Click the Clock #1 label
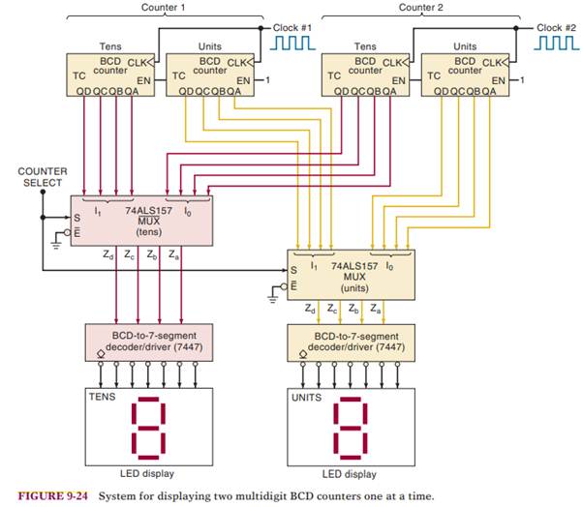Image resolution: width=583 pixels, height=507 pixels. (x=292, y=27)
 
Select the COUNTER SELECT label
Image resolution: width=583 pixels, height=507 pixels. (x=43, y=176)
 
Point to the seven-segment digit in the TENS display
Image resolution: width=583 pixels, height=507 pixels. (x=147, y=426)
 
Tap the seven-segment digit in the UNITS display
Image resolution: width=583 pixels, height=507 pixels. (x=352, y=426)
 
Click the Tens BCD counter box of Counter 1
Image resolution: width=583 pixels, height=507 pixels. (x=106, y=74)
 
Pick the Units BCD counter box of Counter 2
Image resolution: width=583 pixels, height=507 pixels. (x=465, y=74)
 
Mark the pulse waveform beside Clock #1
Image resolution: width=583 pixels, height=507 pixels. (x=293, y=45)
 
